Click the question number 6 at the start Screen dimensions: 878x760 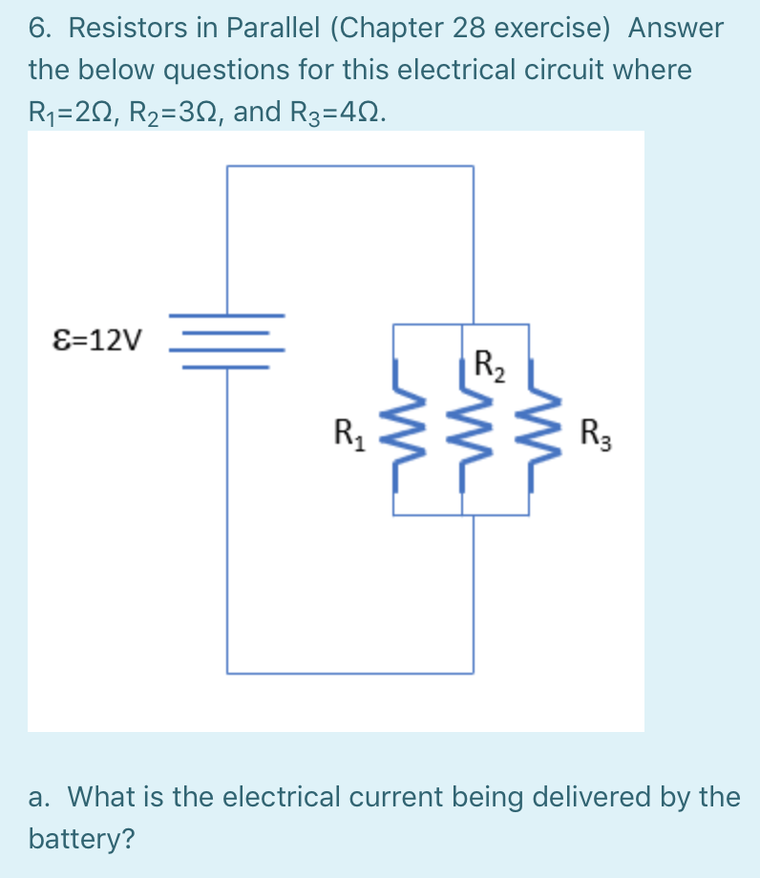click(x=38, y=29)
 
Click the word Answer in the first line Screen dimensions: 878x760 click(x=676, y=29)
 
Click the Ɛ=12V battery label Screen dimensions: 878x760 click(x=97, y=339)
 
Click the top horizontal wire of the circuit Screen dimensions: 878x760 click(x=349, y=166)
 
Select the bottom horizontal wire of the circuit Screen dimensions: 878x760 click(x=349, y=673)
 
